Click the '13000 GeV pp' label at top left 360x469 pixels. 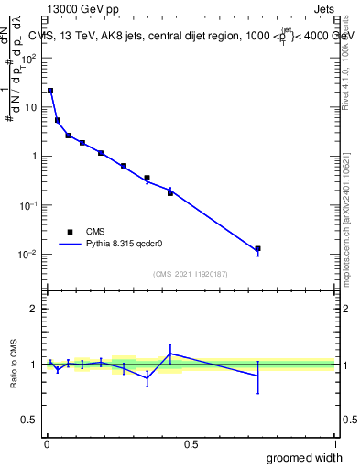click(82, 10)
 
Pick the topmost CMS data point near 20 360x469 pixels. click(50, 91)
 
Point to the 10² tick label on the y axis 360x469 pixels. click(29, 58)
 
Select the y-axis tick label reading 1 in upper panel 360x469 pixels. click(36, 156)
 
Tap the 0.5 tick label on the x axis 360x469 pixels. click(191, 444)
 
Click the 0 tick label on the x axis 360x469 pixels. click(46, 444)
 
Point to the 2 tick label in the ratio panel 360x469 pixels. click(36, 309)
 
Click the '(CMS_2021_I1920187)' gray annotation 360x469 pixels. click(190, 273)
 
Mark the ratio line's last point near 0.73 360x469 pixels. click(258, 376)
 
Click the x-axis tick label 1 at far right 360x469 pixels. click(334, 444)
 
